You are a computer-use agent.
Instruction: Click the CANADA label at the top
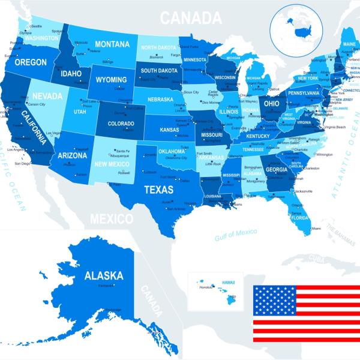point(191,18)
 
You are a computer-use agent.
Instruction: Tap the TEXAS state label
point(159,190)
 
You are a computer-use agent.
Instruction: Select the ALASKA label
point(104,276)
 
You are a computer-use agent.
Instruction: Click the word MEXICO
point(111,218)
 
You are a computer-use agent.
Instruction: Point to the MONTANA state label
point(112,44)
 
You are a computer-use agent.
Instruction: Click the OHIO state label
point(272,103)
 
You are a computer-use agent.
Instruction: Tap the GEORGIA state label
point(276,169)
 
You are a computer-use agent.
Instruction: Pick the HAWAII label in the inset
point(228,281)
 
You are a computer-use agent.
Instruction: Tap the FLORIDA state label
point(299,218)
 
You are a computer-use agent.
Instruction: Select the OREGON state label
point(31,62)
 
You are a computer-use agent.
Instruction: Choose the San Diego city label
point(22,163)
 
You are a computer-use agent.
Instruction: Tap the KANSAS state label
point(169,130)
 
